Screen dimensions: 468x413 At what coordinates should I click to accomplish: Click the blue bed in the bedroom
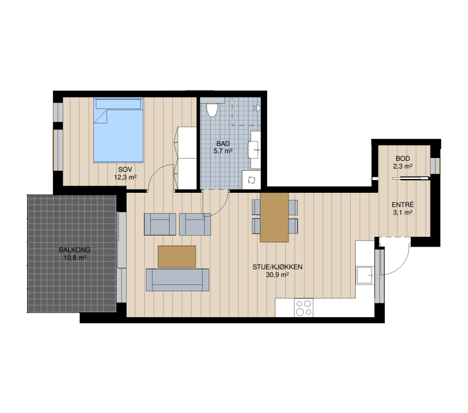118,131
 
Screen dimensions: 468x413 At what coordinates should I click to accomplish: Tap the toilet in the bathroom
212,110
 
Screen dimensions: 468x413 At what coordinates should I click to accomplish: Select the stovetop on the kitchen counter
303,308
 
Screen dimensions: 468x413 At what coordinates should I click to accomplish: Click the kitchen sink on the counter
364,275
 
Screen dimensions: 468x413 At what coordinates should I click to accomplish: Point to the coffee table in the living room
177,256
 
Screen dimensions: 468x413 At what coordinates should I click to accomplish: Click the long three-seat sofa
177,280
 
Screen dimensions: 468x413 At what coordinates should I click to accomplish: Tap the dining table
274,217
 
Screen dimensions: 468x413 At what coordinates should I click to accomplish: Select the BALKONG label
75,250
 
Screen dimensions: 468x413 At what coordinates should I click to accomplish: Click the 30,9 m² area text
277,275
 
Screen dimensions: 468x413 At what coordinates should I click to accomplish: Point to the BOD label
402,159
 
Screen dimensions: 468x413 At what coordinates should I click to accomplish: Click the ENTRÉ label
402,205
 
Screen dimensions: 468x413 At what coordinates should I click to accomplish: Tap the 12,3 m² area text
125,177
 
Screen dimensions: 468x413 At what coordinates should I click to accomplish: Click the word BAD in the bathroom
223,144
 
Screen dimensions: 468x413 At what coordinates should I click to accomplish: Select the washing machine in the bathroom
251,180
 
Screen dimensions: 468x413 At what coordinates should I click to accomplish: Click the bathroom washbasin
254,150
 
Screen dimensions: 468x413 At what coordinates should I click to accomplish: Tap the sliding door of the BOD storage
411,179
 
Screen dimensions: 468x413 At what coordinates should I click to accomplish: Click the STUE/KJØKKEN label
277,267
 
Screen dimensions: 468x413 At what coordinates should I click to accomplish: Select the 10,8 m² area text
75,258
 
